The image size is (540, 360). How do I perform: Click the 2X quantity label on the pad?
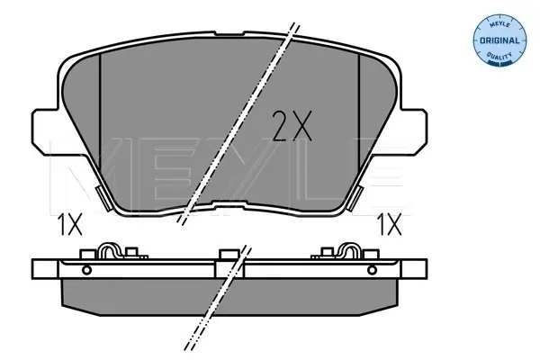pyautogui.click(x=292, y=126)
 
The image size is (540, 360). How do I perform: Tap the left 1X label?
pyautogui.click(x=70, y=224)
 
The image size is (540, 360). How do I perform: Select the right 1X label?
pyautogui.click(x=390, y=224)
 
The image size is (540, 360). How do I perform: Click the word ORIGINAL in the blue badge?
pyautogui.click(x=499, y=40)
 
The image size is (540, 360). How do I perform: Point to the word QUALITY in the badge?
pyautogui.click(x=499, y=55)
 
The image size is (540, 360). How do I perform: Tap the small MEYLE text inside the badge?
pyautogui.click(x=499, y=24)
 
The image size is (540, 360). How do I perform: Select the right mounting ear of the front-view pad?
pyautogui.click(x=414, y=131)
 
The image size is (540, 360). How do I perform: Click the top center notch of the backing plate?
pyautogui.click(x=229, y=33)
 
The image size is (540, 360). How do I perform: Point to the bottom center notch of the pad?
pyautogui.click(x=229, y=203)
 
